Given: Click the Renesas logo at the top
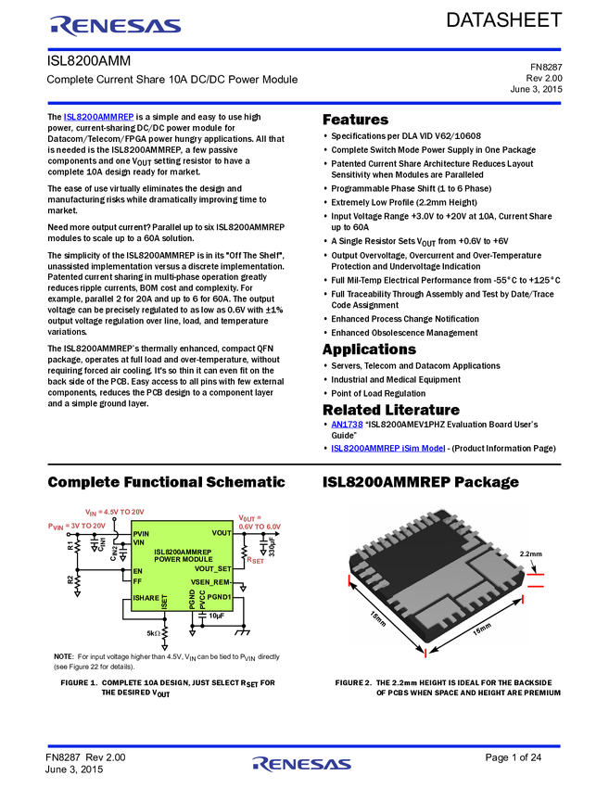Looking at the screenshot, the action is click(x=116, y=26).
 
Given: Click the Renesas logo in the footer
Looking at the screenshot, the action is click(x=302, y=764).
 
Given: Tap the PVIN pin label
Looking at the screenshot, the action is click(x=141, y=534).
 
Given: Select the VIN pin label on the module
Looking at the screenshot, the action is click(x=139, y=542).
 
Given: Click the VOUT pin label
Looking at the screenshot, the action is click(x=222, y=533).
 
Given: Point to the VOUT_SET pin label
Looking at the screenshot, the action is click(x=213, y=568).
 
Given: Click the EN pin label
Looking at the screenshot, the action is click(x=137, y=571).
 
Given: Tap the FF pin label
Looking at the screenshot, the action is click(x=137, y=581).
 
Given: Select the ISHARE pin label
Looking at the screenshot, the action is click(x=146, y=598).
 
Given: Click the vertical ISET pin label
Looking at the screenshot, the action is click(x=165, y=602).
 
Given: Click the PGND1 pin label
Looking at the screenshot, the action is click(x=219, y=597).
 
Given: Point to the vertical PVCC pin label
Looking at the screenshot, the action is click(x=202, y=600).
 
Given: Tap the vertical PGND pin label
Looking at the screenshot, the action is click(x=192, y=600).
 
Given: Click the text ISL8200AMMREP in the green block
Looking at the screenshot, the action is click(x=183, y=552).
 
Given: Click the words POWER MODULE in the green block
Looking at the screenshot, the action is click(x=183, y=559).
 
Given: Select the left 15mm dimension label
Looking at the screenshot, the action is click(x=379, y=618).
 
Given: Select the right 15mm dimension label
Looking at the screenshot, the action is click(x=481, y=629).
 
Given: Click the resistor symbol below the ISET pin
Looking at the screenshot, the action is click(x=165, y=633).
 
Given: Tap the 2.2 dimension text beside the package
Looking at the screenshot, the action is click(x=525, y=553).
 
